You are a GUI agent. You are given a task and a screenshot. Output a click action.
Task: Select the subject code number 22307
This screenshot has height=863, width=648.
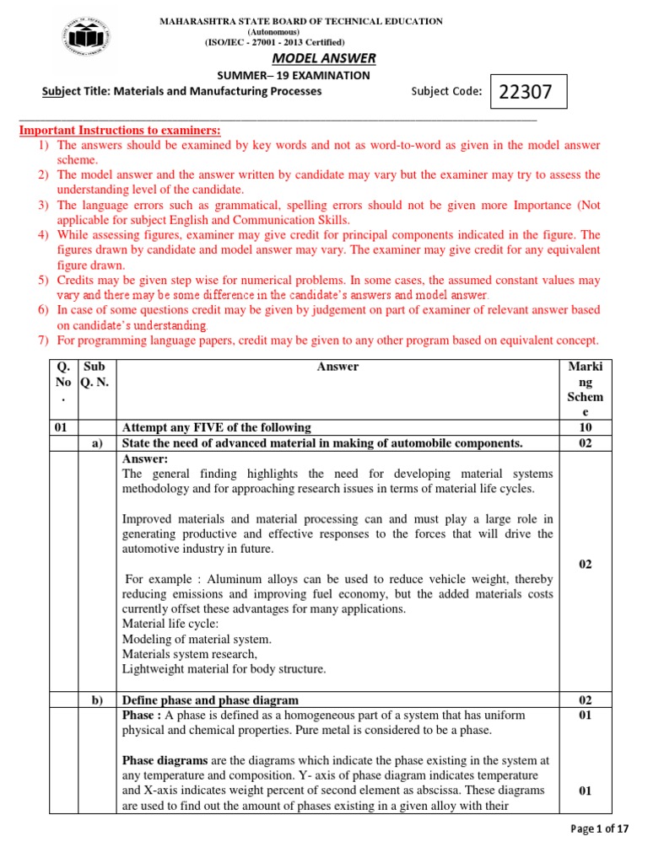click(x=526, y=93)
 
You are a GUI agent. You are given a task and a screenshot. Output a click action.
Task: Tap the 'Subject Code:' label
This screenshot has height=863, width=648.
click(x=446, y=92)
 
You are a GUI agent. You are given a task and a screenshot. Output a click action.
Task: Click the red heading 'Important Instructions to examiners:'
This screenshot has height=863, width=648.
click(x=120, y=130)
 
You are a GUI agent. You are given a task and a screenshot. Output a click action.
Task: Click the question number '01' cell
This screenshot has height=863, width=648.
click(x=61, y=427)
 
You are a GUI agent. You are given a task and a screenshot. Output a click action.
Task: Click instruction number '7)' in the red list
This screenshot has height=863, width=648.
click(x=43, y=340)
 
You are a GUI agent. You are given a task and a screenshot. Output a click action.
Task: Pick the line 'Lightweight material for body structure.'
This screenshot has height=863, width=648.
click(x=223, y=669)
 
